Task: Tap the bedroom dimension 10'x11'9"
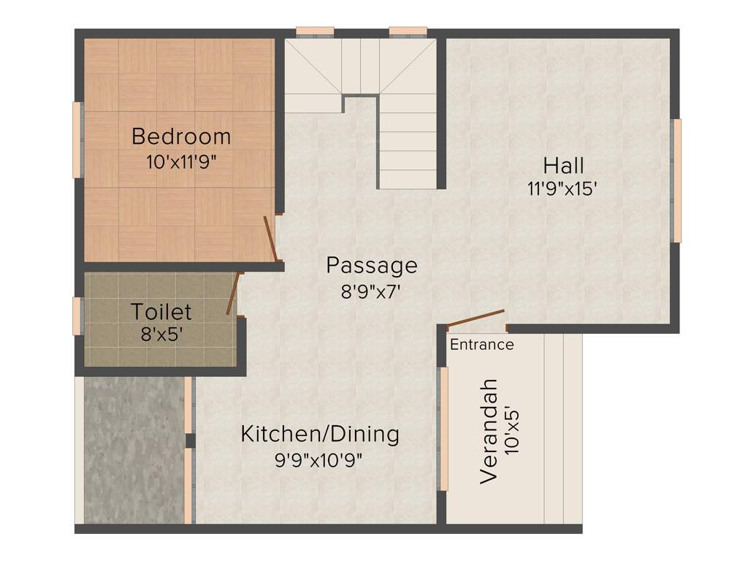point(181,162)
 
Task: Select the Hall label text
point(562,164)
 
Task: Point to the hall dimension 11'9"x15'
point(562,188)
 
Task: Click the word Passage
point(372,265)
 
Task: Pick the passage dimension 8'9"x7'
point(373,292)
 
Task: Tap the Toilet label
point(161,312)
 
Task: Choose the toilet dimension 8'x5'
point(161,335)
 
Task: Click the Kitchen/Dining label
point(320,434)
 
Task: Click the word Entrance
point(481,345)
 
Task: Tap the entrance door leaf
point(476,319)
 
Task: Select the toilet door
point(233,293)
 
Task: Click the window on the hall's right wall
point(677,180)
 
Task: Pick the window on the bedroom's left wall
point(77,140)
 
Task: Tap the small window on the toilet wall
point(77,316)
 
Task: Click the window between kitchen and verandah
point(443,428)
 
